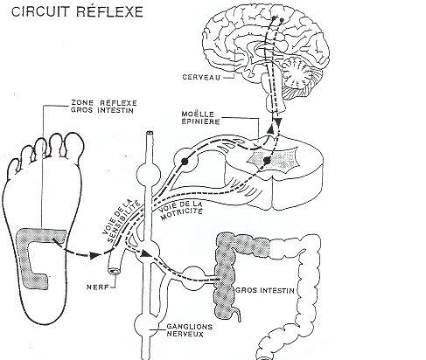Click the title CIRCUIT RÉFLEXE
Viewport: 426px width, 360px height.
tap(77, 12)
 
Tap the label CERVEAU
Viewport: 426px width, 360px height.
tap(201, 77)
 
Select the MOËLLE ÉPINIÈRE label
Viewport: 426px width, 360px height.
tap(200, 118)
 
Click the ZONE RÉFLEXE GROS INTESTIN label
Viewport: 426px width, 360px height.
tap(104, 107)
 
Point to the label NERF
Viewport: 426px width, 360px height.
tap(97, 287)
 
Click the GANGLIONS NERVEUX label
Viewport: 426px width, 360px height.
tap(189, 330)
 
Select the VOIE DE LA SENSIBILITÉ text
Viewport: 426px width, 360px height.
tap(122, 221)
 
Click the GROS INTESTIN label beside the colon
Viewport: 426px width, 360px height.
tap(265, 290)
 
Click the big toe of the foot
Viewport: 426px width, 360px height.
tap(74, 145)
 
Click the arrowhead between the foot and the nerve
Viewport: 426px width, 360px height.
tap(94, 255)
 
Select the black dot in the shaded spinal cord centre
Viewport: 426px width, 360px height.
tap(267, 160)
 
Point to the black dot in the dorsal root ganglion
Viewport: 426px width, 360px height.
tap(185, 161)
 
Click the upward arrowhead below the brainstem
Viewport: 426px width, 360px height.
tap(271, 128)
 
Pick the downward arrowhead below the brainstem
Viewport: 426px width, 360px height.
tap(278, 122)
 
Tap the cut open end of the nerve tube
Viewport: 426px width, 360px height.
tap(115, 271)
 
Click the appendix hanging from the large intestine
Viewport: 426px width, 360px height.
tap(238, 315)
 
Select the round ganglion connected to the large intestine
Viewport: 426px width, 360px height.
tap(193, 278)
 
